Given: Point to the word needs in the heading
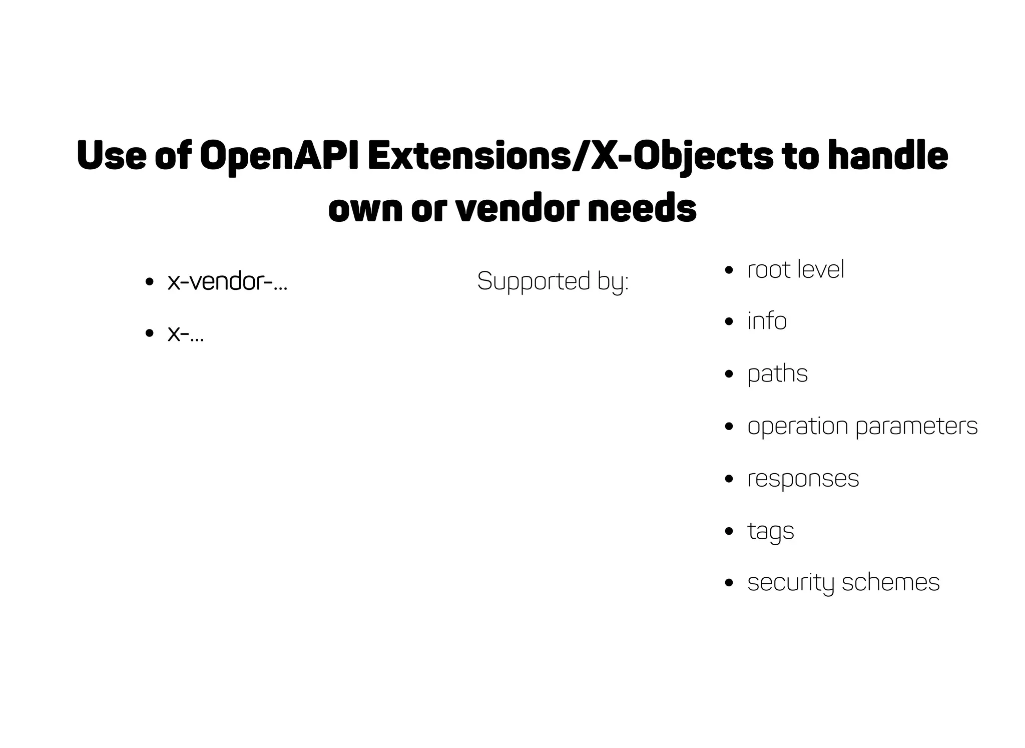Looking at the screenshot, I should (642, 208).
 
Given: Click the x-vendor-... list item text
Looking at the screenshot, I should (228, 281).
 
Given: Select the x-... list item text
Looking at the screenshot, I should (186, 333).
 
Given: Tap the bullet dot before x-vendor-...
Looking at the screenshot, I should (149, 282).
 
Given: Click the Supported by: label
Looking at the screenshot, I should (553, 281).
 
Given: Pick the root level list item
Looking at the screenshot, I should (796, 270).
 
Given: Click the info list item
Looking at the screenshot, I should (767, 321).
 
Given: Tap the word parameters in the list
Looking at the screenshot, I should (916, 427).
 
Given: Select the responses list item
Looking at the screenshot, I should (803, 479).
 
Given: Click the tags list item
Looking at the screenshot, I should (771, 531).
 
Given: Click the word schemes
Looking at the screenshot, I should (891, 582).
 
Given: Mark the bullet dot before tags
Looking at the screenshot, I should (729, 531).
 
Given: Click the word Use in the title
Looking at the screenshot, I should (112, 156).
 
